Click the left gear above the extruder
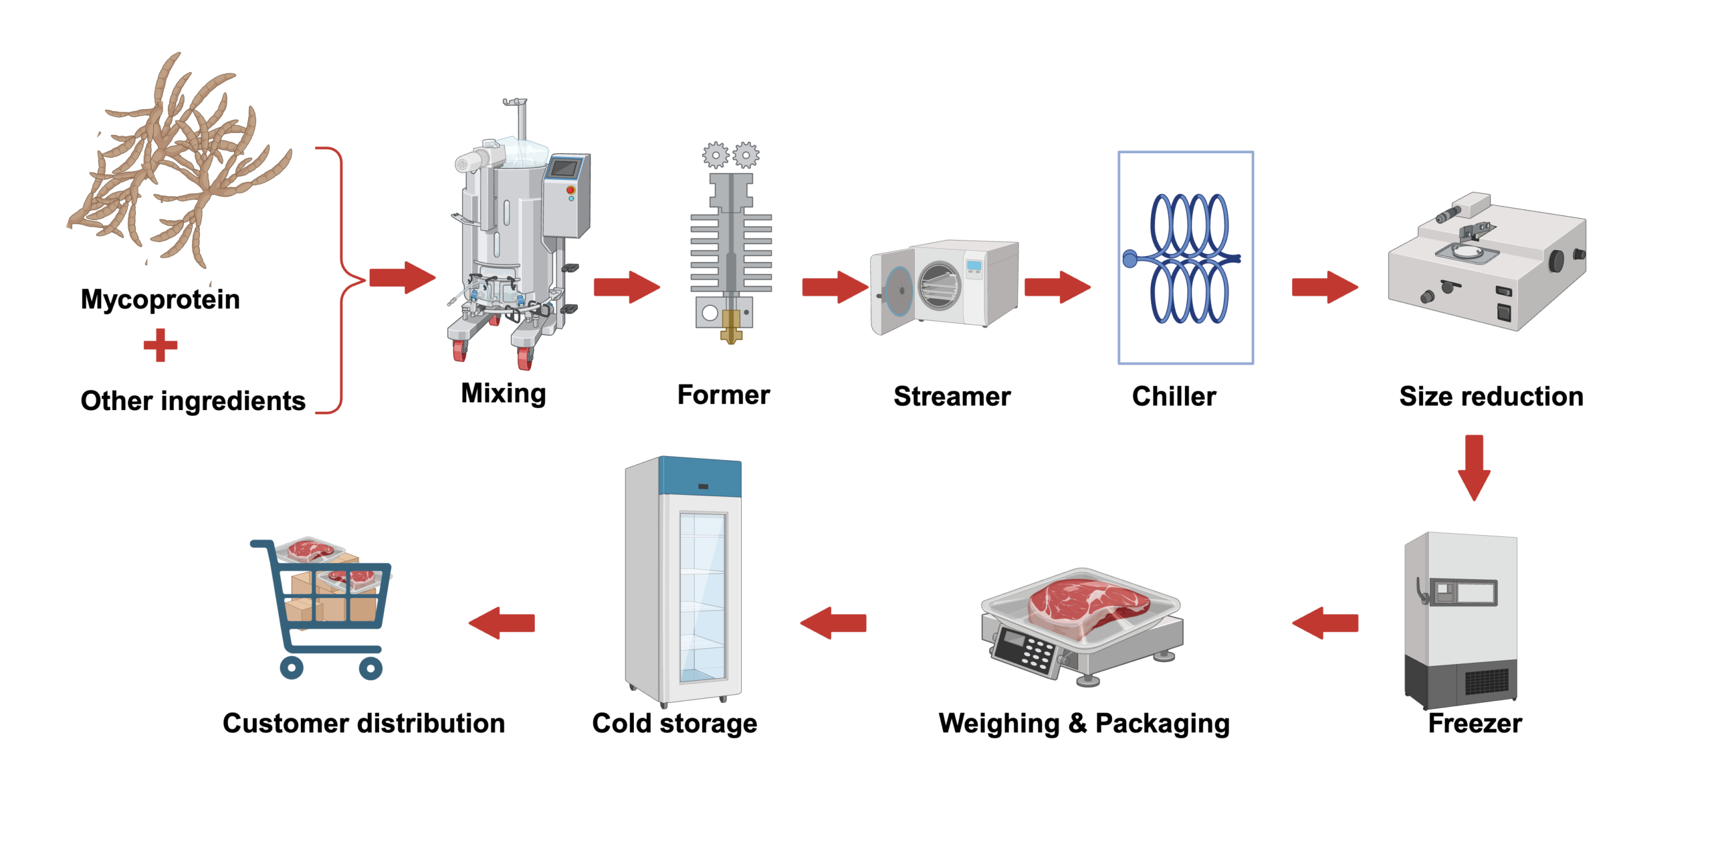(x=715, y=155)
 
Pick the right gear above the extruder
(x=745, y=155)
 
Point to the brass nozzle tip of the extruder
(x=730, y=334)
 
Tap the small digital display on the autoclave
(x=974, y=266)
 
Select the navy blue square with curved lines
(x=1187, y=278)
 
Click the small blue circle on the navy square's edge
(x=1130, y=259)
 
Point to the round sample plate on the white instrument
(x=1471, y=251)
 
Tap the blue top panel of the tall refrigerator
(x=700, y=477)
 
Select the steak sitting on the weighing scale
(x=1087, y=603)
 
